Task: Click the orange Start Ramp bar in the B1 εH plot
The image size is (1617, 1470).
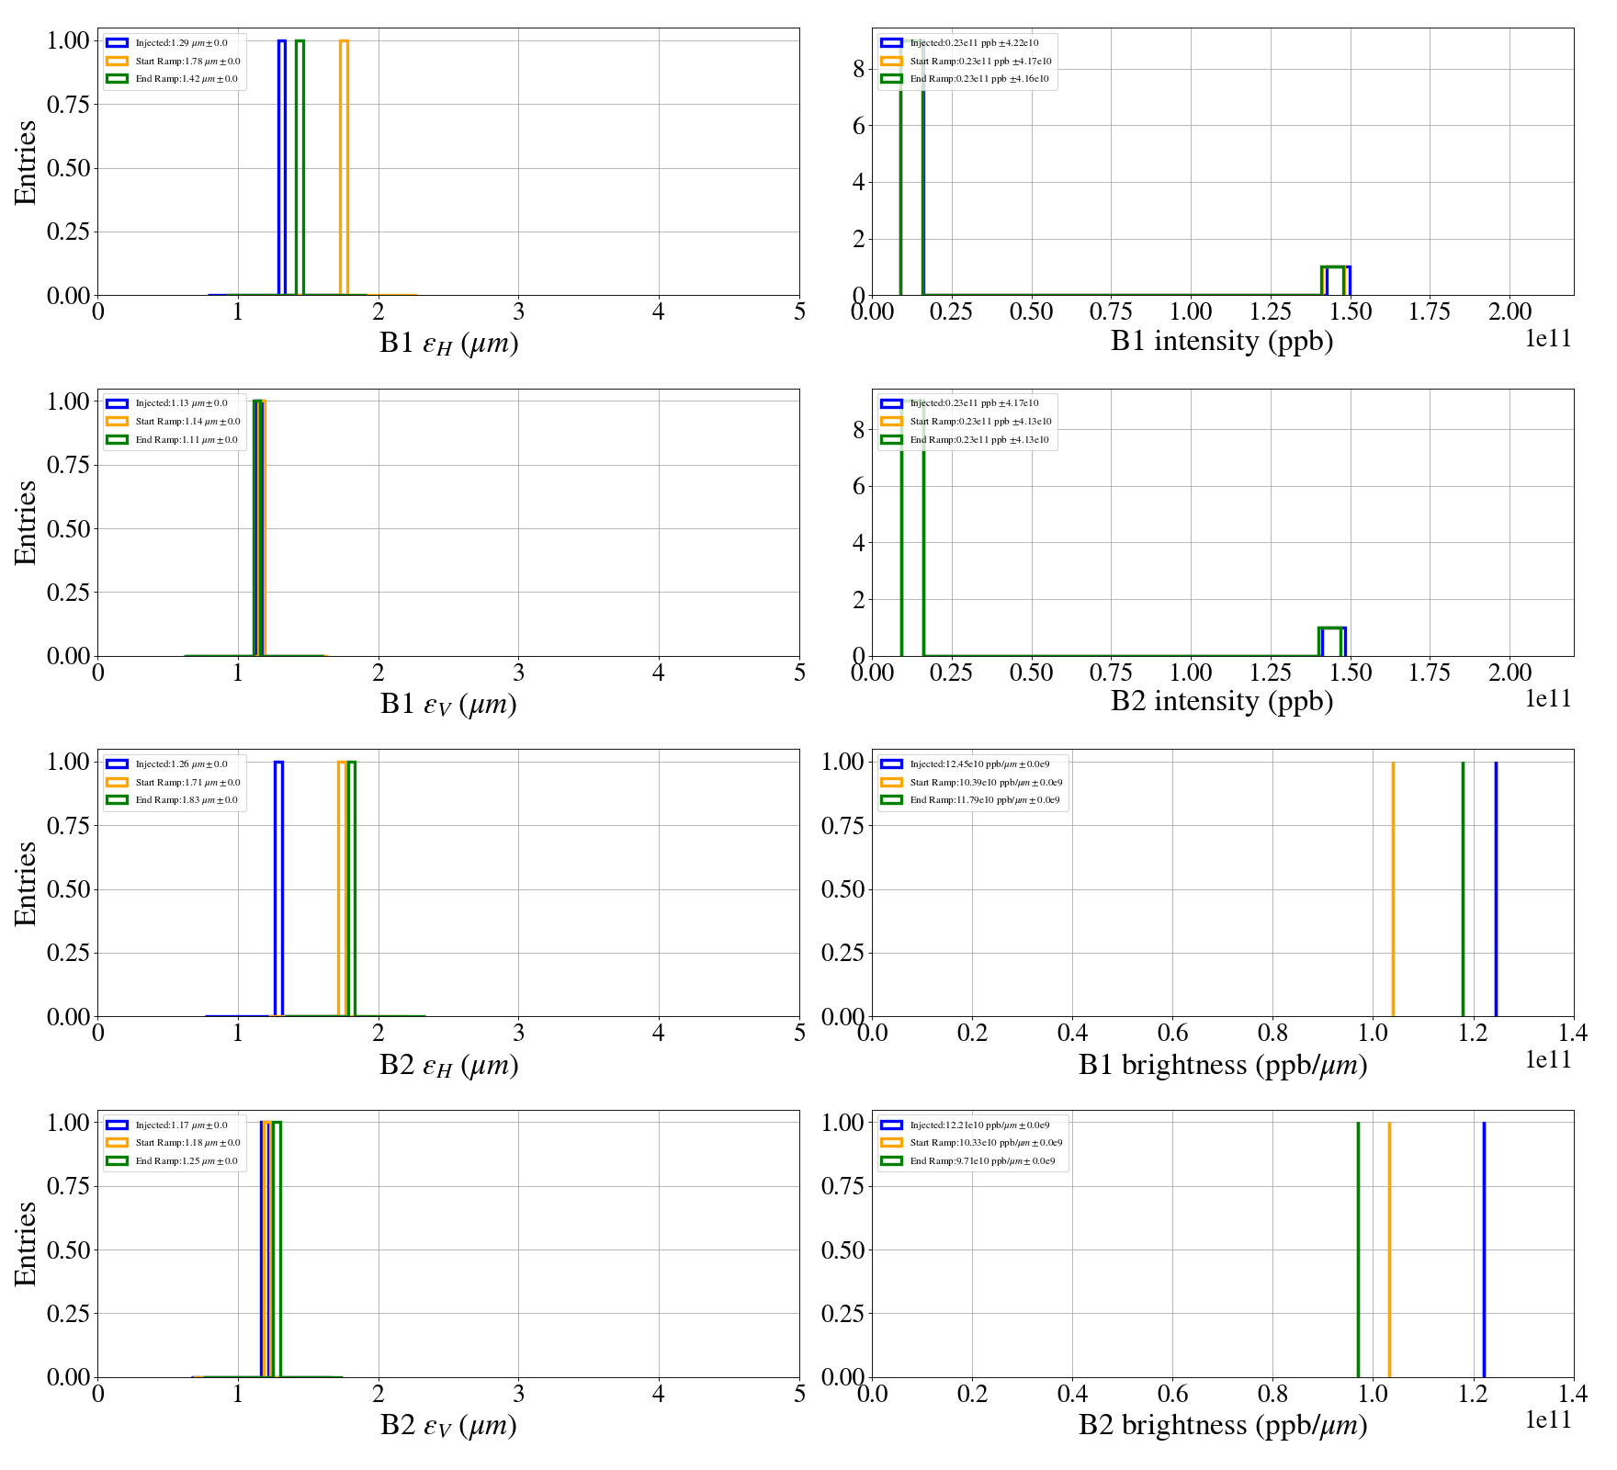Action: click(x=344, y=165)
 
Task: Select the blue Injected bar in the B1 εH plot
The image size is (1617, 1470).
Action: click(x=281, y=165)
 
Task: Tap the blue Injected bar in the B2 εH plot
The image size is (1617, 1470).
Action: click(x=278, y=887)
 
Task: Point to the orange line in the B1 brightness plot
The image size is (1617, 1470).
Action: click(x=1393, y=887)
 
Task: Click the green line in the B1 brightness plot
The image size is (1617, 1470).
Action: click(x=1463, y=887)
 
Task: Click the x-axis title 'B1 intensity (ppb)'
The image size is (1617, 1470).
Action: click(x=1222, y=342)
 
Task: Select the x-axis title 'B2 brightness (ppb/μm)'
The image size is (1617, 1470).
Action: click(x=1222, y=1425)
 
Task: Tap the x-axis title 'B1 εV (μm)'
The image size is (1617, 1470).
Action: click(x=448, y=704)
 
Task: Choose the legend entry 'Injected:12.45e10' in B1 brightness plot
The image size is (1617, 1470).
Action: click(x=979, y=764)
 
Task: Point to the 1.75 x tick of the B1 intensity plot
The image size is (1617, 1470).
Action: click(x=1430, y=312)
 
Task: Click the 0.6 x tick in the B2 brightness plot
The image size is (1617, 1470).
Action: click(x=1172, y=1395)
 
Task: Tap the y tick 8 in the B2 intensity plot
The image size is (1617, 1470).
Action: click(x=858, y=430)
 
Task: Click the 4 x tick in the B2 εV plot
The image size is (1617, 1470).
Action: click(x=659, y=1395)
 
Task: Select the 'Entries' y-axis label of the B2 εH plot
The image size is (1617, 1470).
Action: click(x=26, y=883)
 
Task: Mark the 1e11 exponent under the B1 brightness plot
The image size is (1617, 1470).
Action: click(x=1548, y=1060)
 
